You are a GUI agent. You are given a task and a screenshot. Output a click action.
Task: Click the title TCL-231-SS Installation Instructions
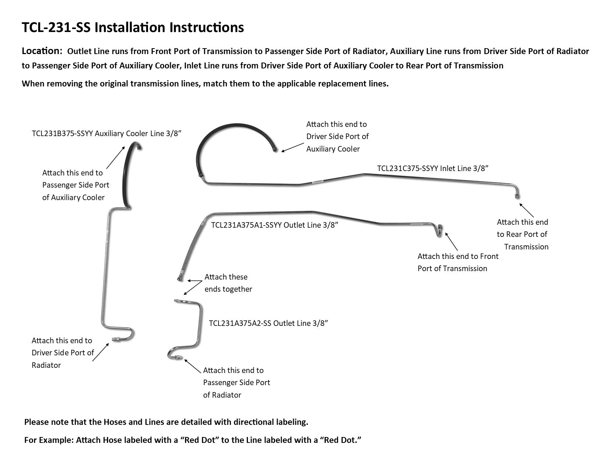point(133,28)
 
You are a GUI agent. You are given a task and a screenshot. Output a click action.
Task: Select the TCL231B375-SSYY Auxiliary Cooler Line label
point(107,133)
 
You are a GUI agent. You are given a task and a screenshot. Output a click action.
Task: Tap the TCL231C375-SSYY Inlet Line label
point(432,168)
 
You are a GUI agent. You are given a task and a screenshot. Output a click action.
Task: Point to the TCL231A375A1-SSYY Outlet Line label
point(274,225)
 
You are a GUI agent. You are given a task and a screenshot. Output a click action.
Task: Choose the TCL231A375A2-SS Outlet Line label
point(268,323)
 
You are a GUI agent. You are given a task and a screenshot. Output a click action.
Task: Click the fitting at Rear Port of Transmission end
point(517,196)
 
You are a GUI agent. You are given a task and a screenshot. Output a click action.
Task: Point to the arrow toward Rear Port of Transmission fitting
point(527,209)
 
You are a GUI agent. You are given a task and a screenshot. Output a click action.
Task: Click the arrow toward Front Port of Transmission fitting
point(452,241)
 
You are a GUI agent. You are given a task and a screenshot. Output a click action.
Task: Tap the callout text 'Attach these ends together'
point(228,283)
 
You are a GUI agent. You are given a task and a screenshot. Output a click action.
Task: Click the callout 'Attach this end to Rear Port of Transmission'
point(522,234)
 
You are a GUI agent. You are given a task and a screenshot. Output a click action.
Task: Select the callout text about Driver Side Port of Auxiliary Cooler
point(337,136)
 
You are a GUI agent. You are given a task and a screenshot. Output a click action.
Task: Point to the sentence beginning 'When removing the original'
point(205,84)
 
